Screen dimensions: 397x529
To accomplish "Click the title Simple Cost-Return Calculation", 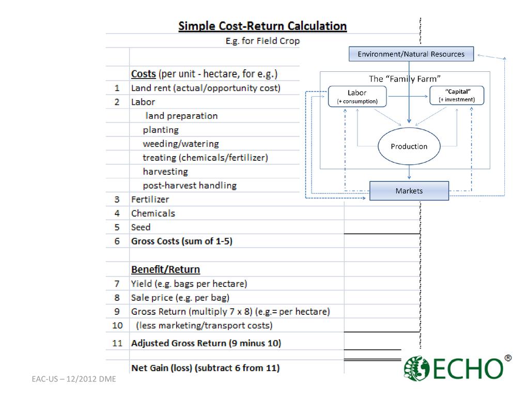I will click(x=262, y=26).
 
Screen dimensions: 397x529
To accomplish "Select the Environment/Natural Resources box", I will click(x=411, y=54).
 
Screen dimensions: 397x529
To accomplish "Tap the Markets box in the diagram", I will click(x=409, y=191).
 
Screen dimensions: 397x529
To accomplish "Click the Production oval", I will click(x=409, y=146).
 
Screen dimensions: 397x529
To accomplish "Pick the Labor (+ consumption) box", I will click(x=357, y=97).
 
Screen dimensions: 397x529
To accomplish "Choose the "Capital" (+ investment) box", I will click(x=457, y=95).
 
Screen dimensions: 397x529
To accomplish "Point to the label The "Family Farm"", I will click(x=405, y=79).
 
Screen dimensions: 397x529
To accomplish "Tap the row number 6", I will click(x=117, y=241).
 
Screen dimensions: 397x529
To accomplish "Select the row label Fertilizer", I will click(x=150, y=199).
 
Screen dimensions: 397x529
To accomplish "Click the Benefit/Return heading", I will click(x=165, y=269).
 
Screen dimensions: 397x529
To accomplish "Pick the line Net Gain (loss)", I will click(x=206, y=368).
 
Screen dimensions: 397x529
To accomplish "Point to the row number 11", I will click(x=117, y=343).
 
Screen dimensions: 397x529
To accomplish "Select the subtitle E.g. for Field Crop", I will click(x=262, y=41).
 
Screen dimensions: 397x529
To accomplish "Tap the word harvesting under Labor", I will click(x=165, y=171).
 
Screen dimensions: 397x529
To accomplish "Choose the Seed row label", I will click(x=141, y=227).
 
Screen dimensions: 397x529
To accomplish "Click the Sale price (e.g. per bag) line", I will click(x=180, y=297).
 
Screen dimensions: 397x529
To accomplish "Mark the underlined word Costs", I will click(x=144, y=74).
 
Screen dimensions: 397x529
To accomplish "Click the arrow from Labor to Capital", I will click(x=408, y=96).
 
